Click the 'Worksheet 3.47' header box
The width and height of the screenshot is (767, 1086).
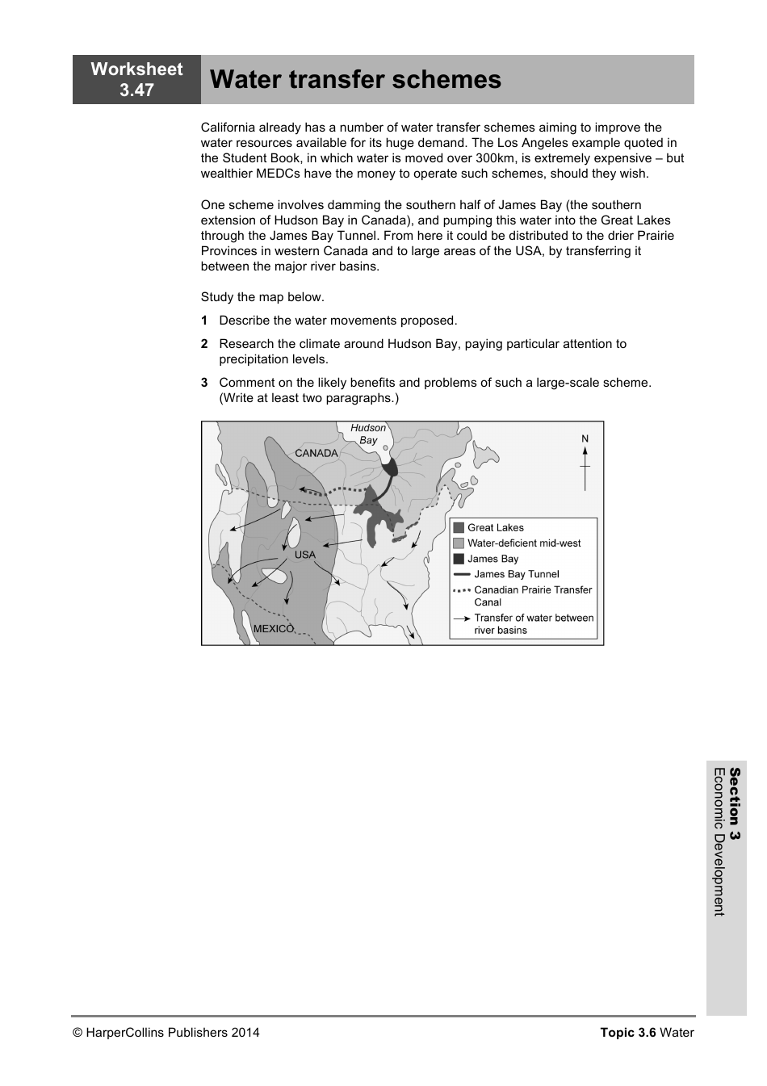[x=136, y=79]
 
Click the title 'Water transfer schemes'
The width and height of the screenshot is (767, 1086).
[x=355, y=80]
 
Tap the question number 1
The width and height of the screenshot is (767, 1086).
[x=204, y=321]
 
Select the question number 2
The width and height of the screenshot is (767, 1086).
[x=204, y=344]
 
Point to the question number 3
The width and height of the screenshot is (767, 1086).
[x=204, y=383]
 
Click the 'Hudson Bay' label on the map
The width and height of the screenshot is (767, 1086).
[x=368, y=434]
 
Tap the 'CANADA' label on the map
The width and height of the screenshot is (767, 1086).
[x=316, y=453]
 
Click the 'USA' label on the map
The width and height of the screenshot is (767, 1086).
[x=304, y=555]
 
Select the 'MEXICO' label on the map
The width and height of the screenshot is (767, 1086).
[x=274, y=628]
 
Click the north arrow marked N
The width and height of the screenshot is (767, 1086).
[x=585, y=463]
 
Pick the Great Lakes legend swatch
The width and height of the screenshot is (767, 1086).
[x=459, y=528]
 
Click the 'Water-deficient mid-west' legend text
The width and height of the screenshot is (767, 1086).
[x=524, y=543]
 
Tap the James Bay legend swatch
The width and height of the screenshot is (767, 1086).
[x=459, y=559]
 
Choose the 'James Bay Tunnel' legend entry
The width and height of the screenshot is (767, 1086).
[x=516, y=574]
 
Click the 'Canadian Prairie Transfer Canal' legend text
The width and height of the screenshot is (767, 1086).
[x=533, y=596]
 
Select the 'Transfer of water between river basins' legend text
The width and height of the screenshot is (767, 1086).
[x=534, y=624]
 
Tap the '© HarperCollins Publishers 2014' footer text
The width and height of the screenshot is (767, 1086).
[x=166, y=1032]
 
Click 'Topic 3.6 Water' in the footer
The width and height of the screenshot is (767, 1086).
[x=647, y=1032]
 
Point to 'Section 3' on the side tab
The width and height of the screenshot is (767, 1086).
[x=734, y=804]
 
